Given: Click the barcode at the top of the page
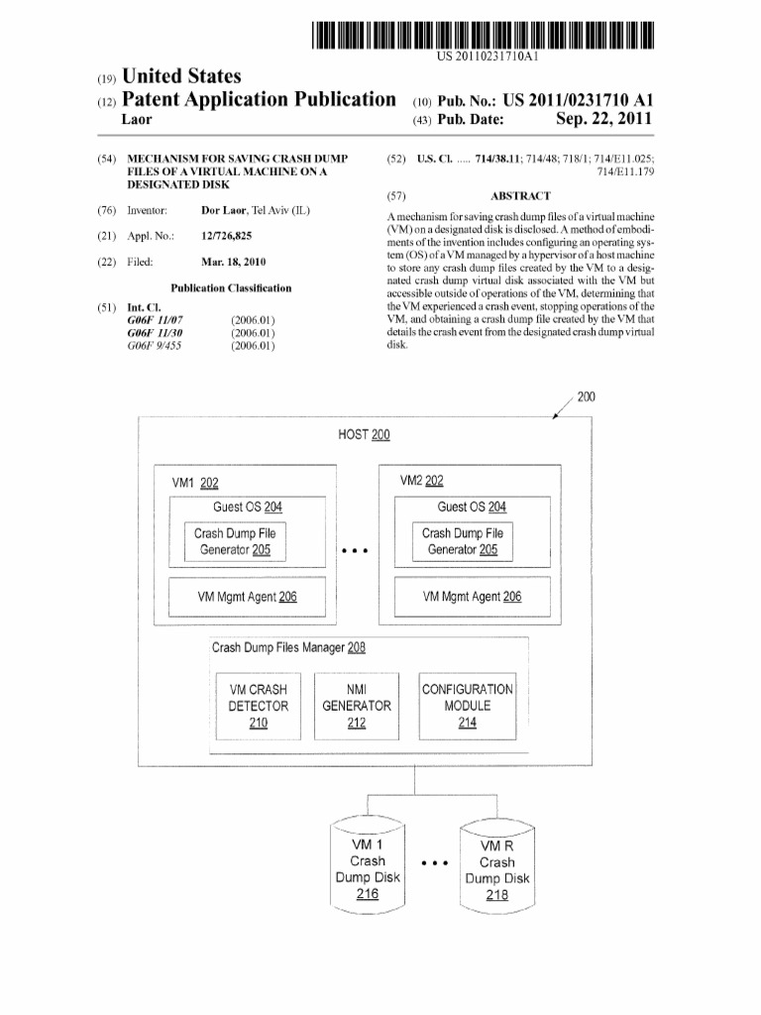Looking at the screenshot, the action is (x=483, y=35).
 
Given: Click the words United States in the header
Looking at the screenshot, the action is (x=181, y=76).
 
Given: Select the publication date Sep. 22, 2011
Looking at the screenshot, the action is (x=603, y=119).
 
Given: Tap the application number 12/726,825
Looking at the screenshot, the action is (x=227, y=236).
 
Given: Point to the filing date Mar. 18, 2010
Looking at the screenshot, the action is (x=234, y=262).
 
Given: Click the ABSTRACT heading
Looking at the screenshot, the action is (x=520, y=196).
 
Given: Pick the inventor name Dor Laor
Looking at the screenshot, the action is (x=223, y=210).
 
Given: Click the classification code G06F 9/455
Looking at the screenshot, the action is (x=154, y=346).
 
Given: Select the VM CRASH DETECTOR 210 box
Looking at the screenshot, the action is (x=259, y=706).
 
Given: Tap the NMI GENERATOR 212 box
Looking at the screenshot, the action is (x=357, y=706).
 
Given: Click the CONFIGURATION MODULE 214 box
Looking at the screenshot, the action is (x=468, y=706).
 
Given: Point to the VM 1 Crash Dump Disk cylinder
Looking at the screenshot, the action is (x=368, y=866).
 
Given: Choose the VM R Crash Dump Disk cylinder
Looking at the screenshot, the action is (x=497, y=867).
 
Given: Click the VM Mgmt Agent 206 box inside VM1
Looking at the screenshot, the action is (x=247, y=597).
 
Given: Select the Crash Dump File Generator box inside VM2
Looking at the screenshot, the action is (x=463, y=541).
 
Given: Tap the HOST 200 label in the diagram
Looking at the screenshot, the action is (x=364, y=434).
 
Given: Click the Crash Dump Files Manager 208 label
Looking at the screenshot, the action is (x=288, y=647).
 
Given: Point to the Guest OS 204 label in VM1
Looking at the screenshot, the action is (x=248, y=507).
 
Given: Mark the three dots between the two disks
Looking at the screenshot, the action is (x=435, y=863).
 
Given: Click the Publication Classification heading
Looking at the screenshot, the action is (x=231, y=288).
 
